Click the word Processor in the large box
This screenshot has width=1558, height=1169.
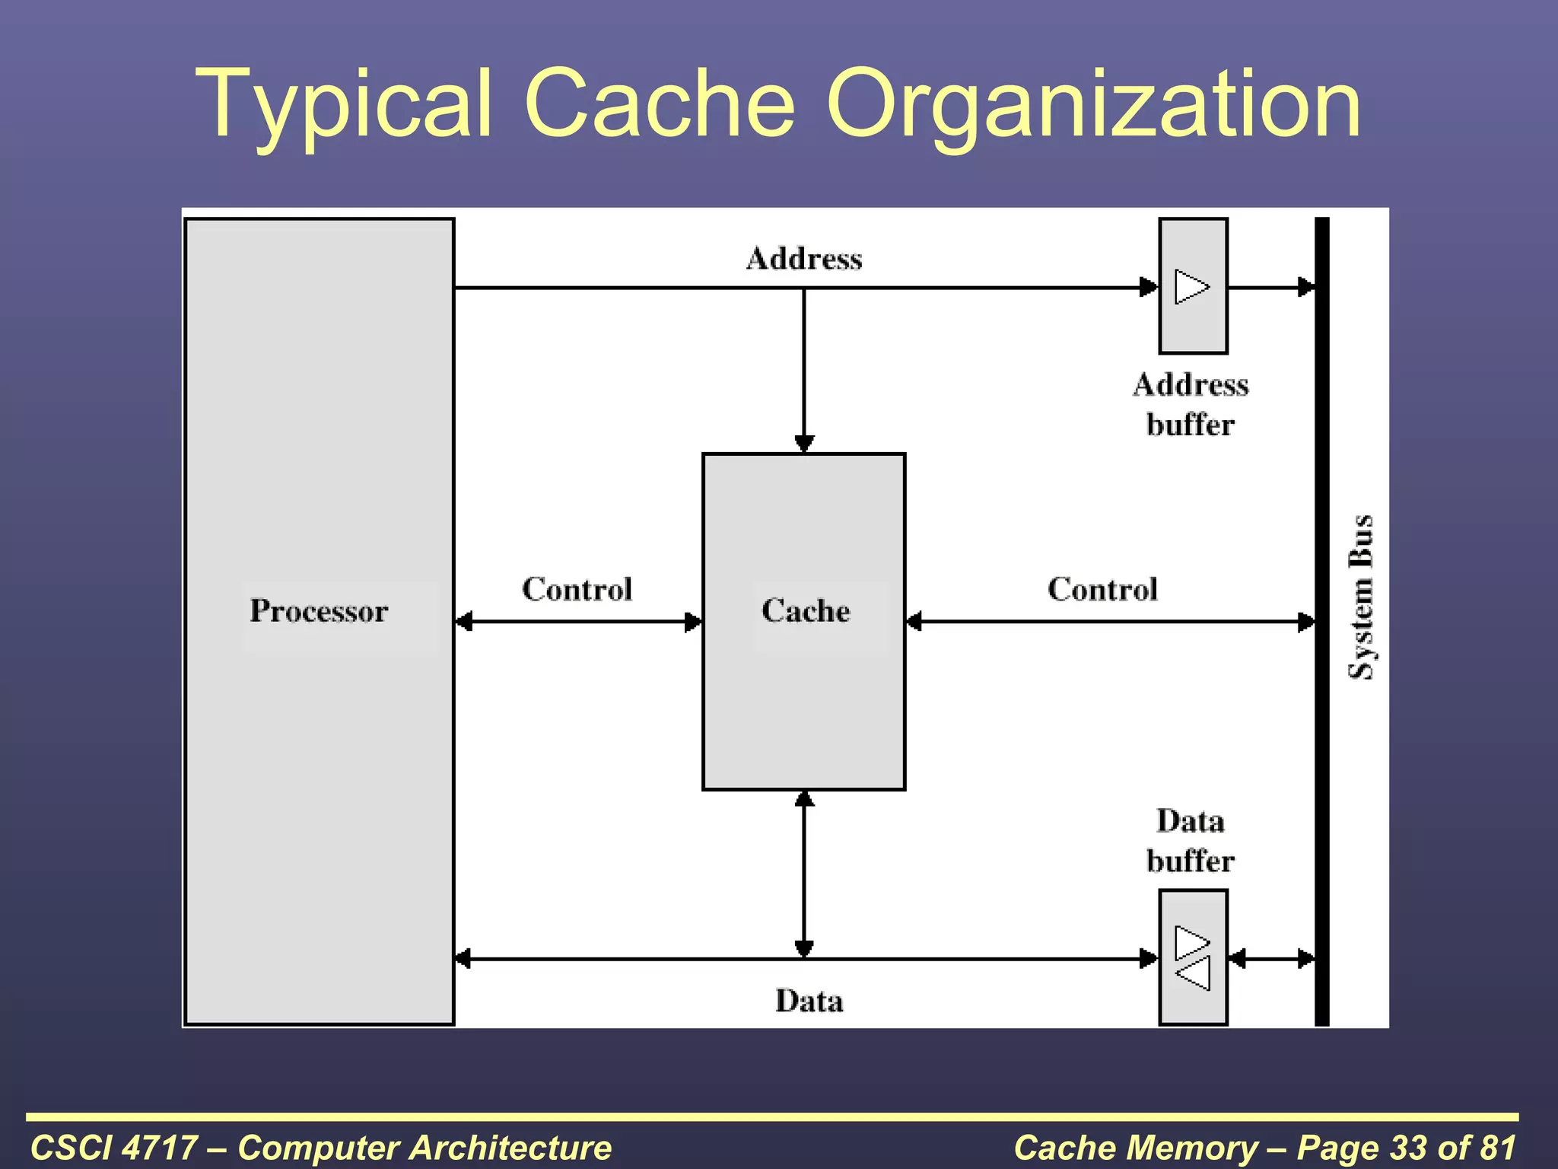click(319, 611)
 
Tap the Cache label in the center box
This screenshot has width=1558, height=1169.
click(806, 611)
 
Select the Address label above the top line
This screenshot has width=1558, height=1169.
click(804, 259)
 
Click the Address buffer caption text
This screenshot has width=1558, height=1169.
click(1191, 404)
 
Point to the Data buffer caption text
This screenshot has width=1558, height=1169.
click(1191, 841)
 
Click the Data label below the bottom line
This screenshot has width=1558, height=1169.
click(809, 1001)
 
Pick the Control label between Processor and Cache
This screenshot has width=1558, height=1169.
click(577, 589)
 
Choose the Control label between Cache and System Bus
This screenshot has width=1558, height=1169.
click(1102, 589)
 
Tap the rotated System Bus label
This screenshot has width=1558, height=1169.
click(1361, 597)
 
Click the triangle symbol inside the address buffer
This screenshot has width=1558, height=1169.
click(1191, 287)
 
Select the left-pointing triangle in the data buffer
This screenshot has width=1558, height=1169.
click(1193, 973)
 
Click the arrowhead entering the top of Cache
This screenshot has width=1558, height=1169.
click(804, 444)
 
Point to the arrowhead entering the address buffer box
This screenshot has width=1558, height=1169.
click(1149, 287)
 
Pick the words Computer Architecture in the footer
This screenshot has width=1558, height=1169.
click(424, 1147)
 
